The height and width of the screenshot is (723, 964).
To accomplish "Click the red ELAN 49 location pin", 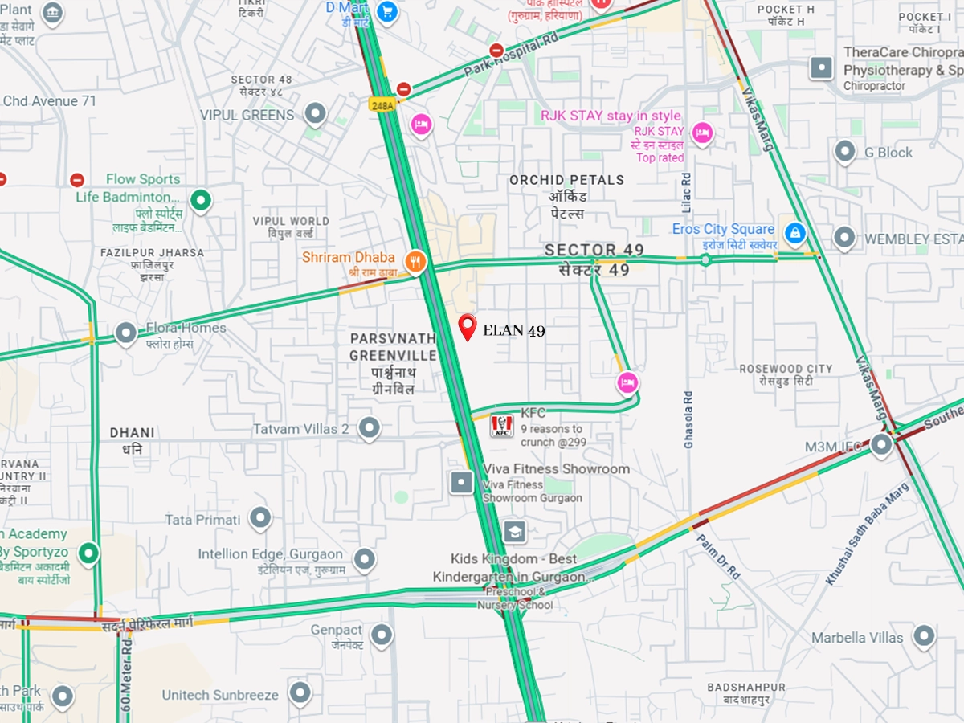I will tap(468, 326).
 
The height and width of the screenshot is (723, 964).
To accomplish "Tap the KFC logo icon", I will tap(501, 425).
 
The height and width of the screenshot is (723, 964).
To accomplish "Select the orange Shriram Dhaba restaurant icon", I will tap(415, 259).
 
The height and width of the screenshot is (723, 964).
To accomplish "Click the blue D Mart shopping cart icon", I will tap(387, 11).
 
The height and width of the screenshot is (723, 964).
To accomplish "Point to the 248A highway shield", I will tap(381, 104).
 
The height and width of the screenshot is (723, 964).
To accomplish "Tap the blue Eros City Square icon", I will tap(794, 234).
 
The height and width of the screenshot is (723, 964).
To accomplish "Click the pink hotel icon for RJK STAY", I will tap(702, 133).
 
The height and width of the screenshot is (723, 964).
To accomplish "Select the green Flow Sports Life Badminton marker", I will tap(200, 200).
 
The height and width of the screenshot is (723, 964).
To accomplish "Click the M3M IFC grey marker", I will tap(881, 444).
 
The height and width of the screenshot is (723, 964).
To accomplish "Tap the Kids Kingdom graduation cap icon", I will tap(514, 531).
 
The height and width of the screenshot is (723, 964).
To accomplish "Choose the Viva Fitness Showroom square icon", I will tap(462, 482).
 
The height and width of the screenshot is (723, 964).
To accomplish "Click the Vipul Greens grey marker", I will tap(316, 113).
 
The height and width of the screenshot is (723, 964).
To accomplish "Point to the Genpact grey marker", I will tap(381, 635).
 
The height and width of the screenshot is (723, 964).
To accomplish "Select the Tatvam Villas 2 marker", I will tap(369, 428).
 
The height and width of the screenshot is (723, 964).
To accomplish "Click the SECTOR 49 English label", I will tap(594, 250).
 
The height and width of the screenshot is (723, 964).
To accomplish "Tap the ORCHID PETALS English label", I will tap(566, 180).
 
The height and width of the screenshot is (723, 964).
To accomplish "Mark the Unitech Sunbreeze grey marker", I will tap(300, 693).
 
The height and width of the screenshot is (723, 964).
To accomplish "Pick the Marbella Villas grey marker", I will tap(924, 636).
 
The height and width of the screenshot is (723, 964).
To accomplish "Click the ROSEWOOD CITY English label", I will tap(786, 369).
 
